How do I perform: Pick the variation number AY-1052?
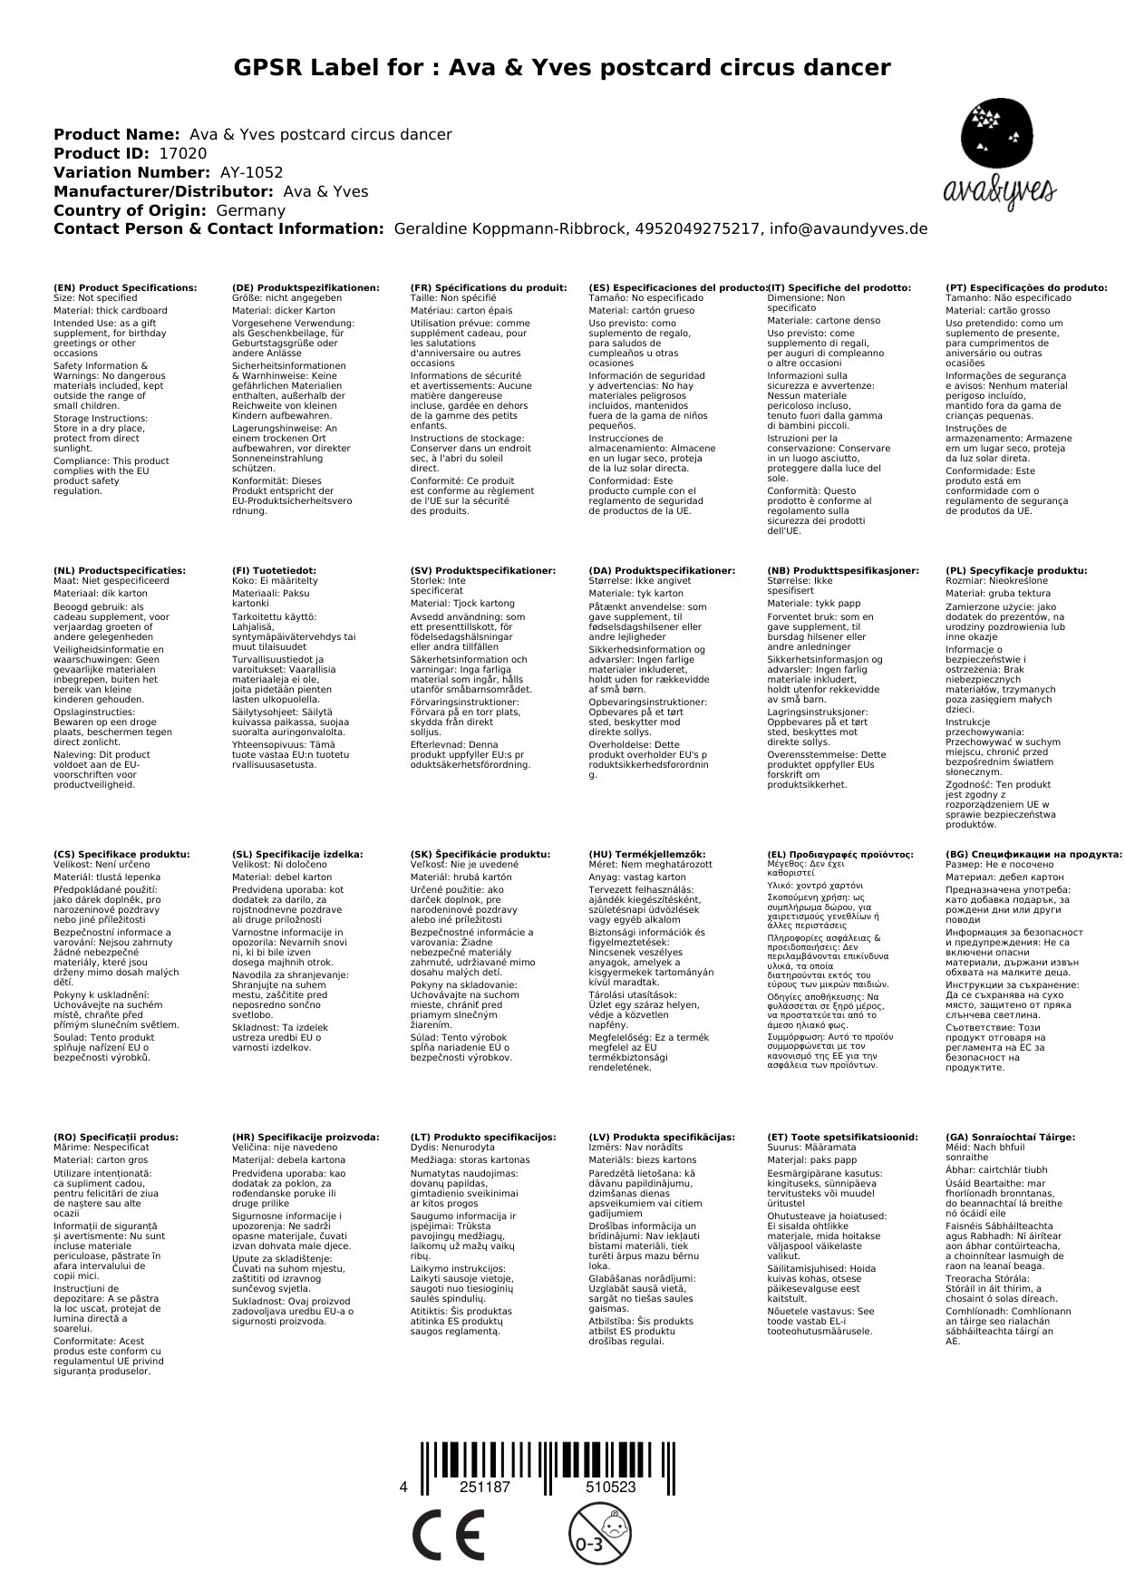pos(251,172)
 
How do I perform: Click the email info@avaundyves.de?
pos(849,229)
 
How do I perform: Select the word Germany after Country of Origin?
pos(250,210)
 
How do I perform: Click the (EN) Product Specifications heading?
pos(125,287)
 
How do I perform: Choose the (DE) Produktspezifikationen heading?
pos(305,287)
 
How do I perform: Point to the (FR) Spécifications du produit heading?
pos(489,287)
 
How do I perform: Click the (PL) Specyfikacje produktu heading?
pos(1015,571)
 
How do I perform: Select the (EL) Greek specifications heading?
pos(839,854)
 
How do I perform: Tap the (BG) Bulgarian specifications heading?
pos(1033,854)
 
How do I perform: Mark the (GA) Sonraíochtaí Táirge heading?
pos(1010,1137)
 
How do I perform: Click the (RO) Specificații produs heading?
pos(116,1137)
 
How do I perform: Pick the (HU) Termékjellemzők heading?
pos(646,854)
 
